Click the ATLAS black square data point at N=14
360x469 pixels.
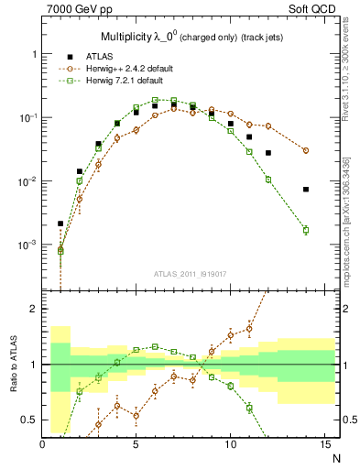tap(306, 190)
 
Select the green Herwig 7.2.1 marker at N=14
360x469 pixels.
tap(306, 230)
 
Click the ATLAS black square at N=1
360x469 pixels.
tap(60, 224)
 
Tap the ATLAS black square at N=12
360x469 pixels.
tap(268, 153)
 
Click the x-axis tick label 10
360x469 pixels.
tap(230, 444)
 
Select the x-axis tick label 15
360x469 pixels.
tap(323, 444)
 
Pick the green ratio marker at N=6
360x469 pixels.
tap(155, 346)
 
